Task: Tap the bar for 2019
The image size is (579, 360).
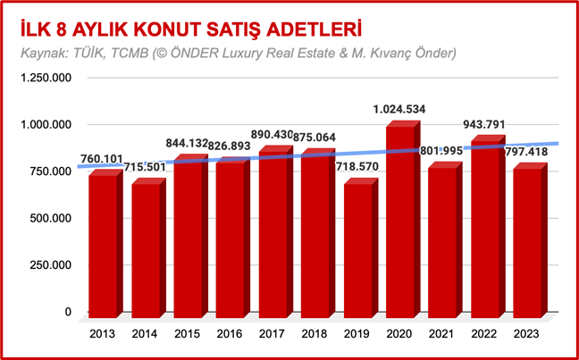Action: tap(357, 250)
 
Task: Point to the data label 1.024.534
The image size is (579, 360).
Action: tap(400, 110)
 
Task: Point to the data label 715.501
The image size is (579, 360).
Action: tap(145, 168)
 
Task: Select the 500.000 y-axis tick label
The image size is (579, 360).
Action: tap(48, 218)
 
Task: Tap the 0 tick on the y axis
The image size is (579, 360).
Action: tap(67, 312)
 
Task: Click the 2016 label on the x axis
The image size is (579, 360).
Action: tap(230, 334)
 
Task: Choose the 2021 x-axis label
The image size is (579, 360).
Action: tap(442, 334)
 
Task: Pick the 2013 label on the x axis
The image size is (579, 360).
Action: tap(103, 334)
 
